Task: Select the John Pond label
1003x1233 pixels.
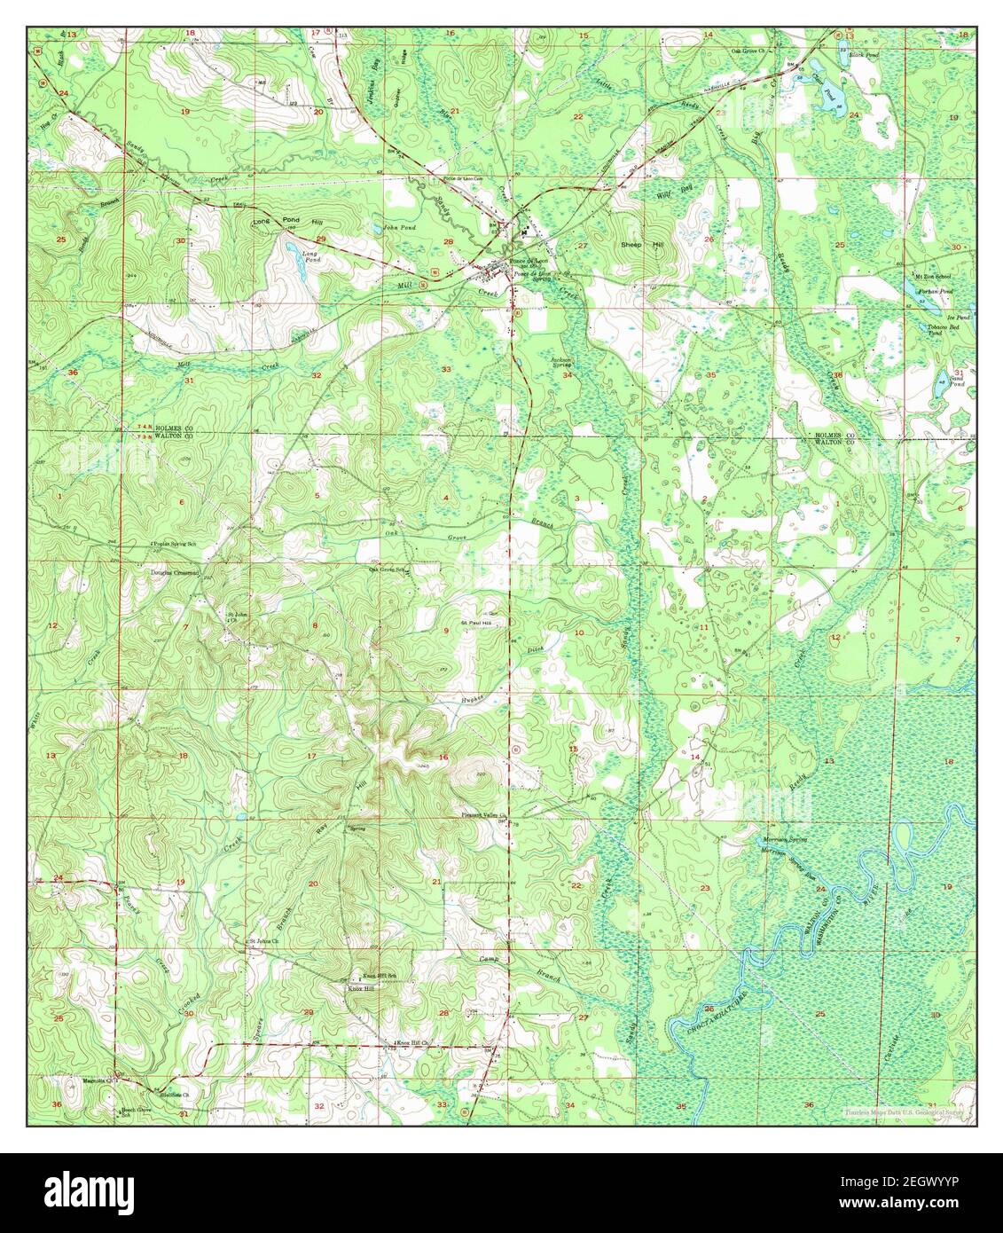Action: click(399, 228)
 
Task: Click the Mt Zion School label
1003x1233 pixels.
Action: click(933, 277)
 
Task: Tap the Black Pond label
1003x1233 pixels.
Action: click(863, 54)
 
